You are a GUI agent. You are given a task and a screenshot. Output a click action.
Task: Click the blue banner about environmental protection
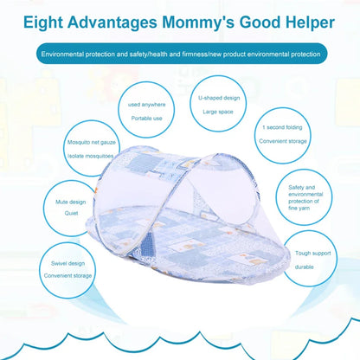(x=181, y=55)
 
